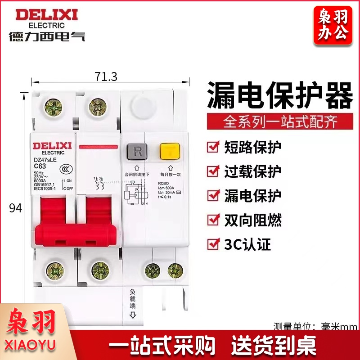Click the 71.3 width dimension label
(106, 77)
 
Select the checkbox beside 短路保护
(211, 147)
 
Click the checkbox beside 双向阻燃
(211, 220)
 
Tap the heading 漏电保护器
(279, 96)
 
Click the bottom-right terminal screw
(175, 270)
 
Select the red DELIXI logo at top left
(47, 15)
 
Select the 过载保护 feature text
(252, 171)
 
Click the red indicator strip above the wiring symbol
(97, 147)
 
